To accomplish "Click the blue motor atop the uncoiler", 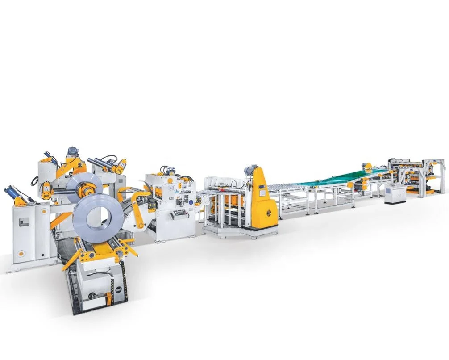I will click(x=72, y=151).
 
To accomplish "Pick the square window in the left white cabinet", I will click(x=25, y=222).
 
